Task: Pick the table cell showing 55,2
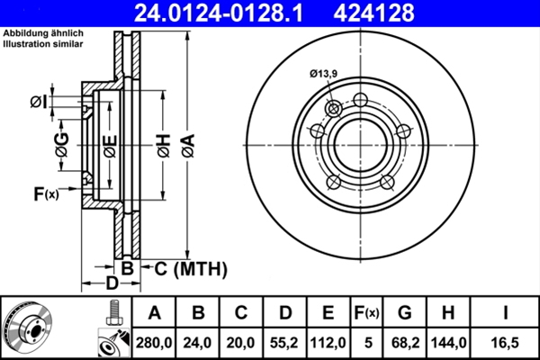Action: coord(285,342)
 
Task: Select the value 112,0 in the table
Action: coord(328,342)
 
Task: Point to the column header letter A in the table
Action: coord(154,313)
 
